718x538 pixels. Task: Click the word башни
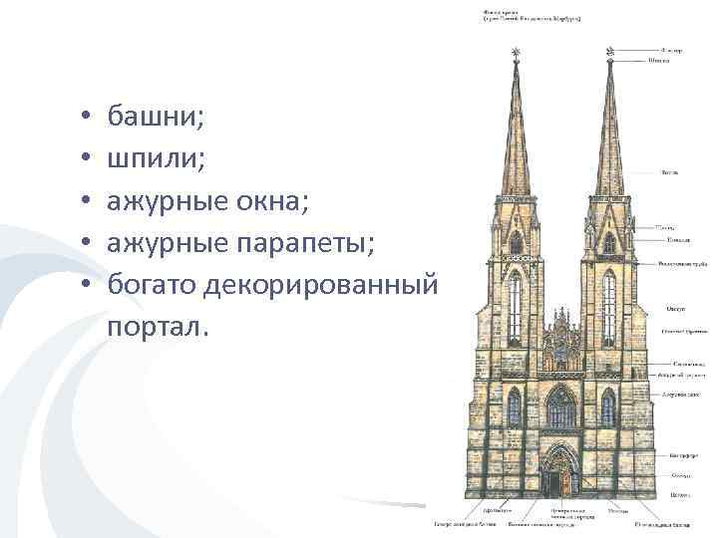pos(156,119)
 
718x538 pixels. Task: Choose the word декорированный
pos(320,285)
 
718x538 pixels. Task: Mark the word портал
pos(160,327)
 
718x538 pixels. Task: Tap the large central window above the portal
pos(561,407)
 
